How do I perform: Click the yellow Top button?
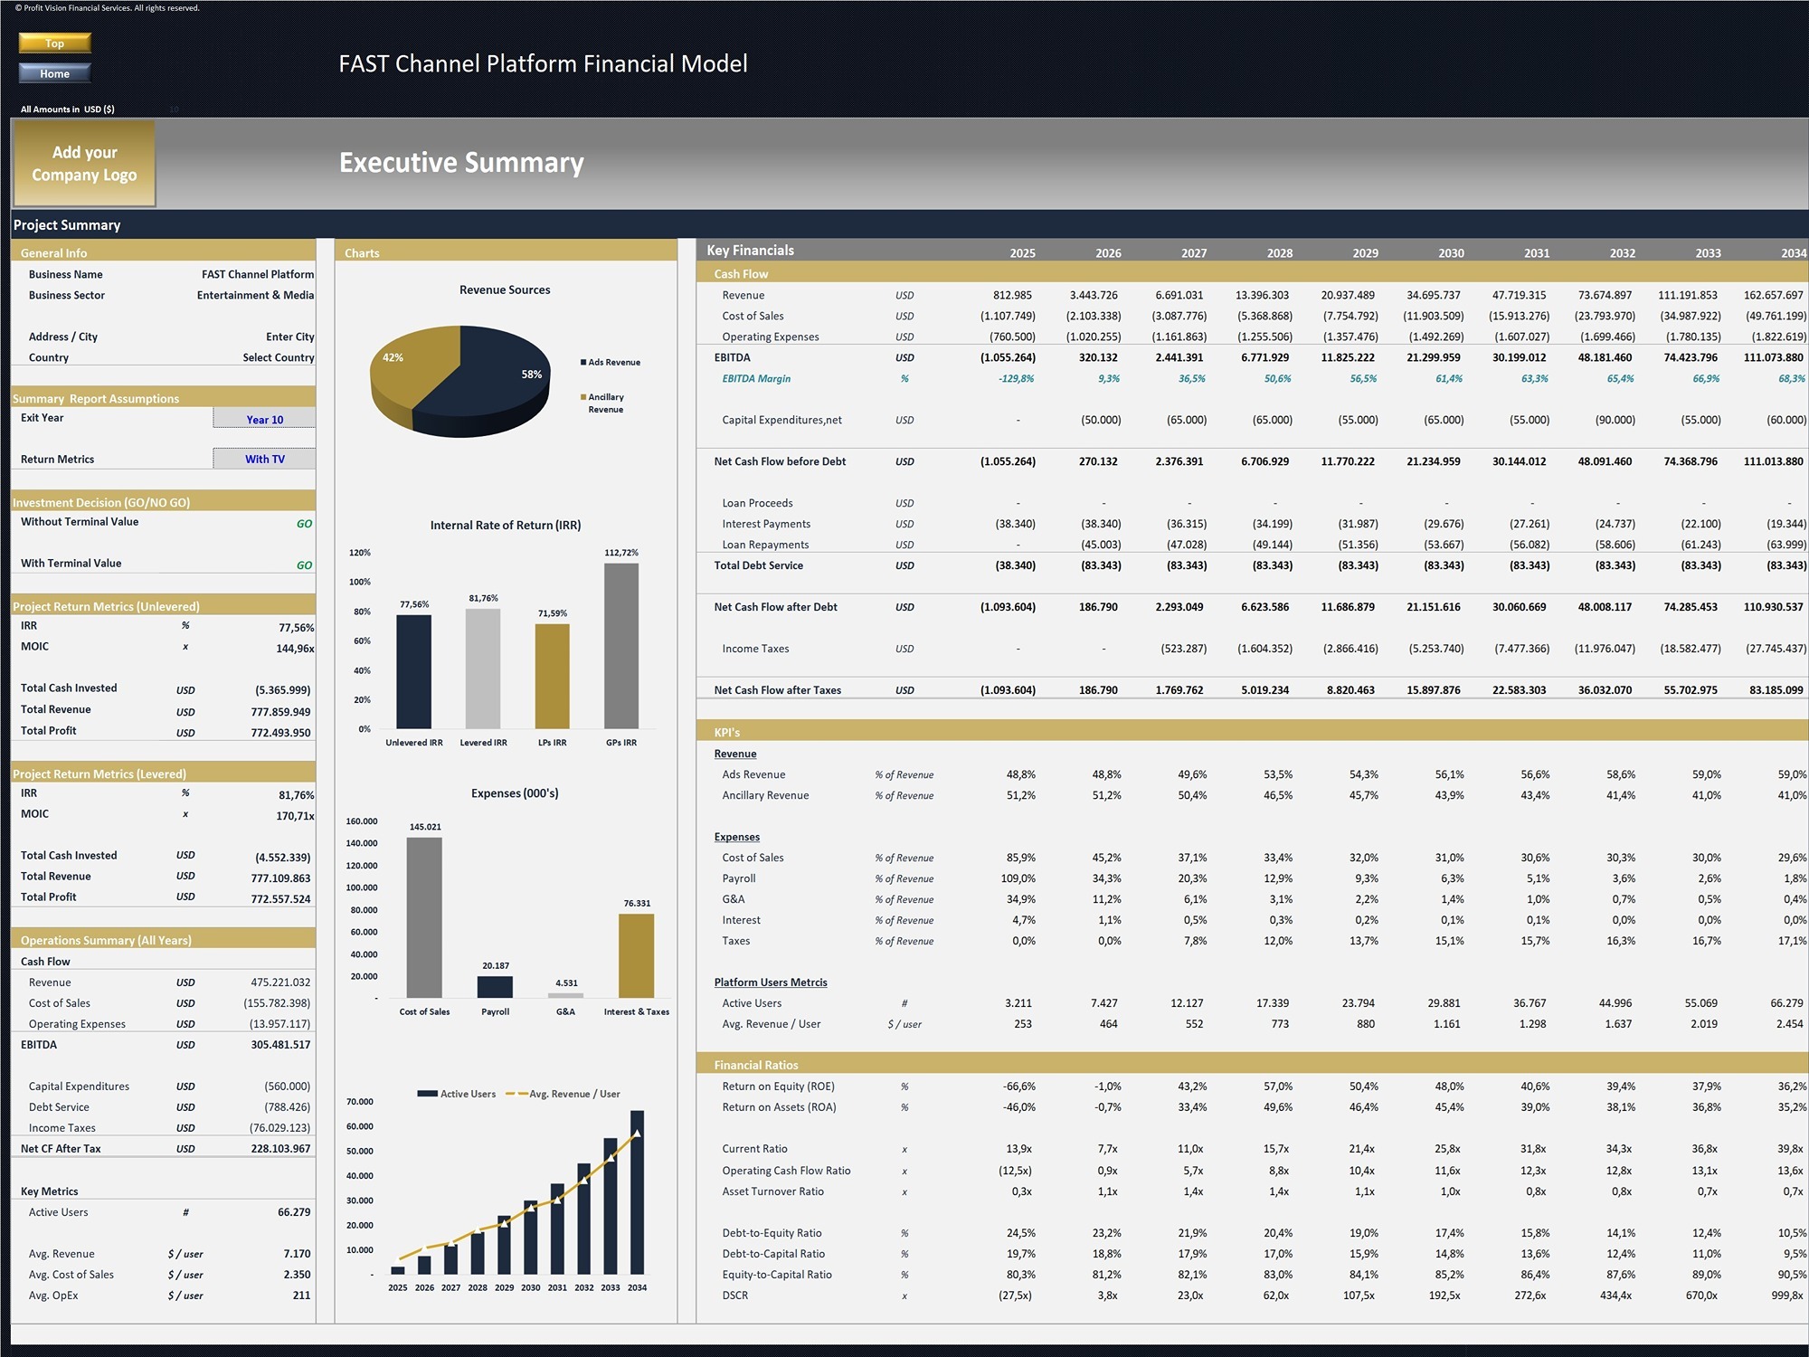(54, 43)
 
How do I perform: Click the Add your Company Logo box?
(84, 164)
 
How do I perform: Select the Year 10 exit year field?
(264, 419)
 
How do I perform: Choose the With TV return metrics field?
(264, 459)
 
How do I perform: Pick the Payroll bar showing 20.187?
(495, 986)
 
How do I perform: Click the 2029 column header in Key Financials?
(1365, 253)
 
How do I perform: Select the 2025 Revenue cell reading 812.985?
(1012, 295)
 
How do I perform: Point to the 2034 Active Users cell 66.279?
(1786, 1003)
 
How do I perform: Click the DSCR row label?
(734, 1295)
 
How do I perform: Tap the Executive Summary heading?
(461, 163)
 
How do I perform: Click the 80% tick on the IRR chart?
(362, 612)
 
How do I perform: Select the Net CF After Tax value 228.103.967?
(280, 1149)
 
